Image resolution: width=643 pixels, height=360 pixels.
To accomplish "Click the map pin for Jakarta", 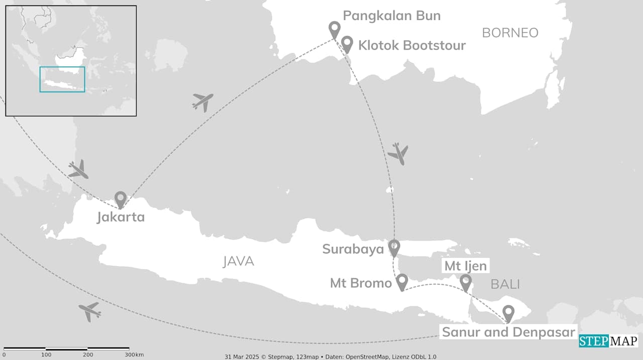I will point(120,199).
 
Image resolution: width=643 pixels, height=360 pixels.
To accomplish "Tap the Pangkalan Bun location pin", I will point(334,29).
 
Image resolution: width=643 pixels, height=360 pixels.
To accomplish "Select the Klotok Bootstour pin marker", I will point(347,44).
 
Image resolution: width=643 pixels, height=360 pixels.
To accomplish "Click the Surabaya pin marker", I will point(394,247).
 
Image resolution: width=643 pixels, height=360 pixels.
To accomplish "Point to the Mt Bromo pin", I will point(401,282).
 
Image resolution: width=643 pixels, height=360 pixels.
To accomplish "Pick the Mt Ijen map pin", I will point(466,282).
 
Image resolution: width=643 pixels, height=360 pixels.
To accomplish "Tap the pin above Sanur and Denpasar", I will point(508,313).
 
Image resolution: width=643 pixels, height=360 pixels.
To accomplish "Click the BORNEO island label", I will point(510,33).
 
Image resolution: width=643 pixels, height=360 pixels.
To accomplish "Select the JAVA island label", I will point(238,261).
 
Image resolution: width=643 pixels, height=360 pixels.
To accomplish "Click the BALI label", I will point(505,285).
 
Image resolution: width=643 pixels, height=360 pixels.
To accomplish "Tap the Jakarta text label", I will point(121,217).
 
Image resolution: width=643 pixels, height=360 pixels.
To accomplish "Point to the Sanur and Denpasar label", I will point(507,332).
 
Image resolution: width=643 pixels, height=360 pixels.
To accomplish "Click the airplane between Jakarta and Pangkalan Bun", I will point(202,102).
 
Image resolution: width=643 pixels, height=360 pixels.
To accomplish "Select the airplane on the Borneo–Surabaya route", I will point(398,153).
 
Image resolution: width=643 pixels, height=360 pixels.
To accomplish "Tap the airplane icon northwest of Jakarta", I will point(78,170).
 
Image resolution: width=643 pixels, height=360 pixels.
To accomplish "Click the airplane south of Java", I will point(90,311).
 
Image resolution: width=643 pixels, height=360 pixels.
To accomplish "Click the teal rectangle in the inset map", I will point(62,79).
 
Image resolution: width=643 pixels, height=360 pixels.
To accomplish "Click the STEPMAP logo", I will point(608,341).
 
